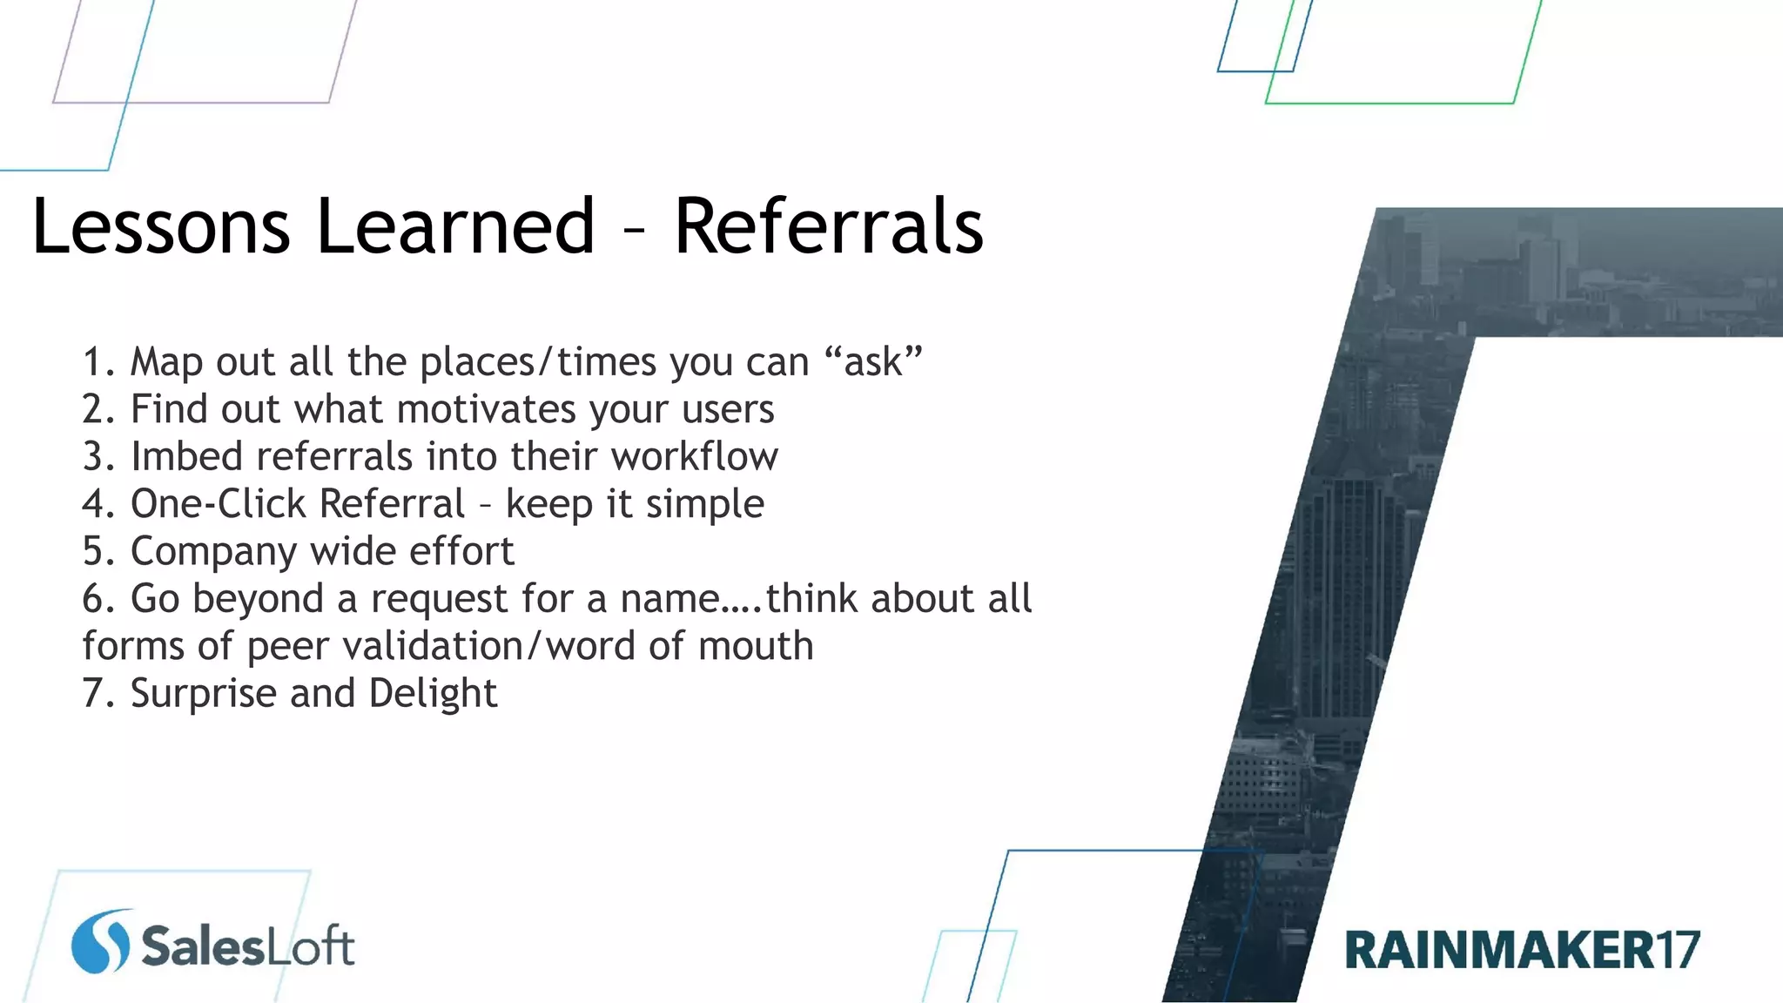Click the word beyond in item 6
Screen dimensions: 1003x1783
(258, 599)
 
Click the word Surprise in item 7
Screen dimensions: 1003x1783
(203, 694)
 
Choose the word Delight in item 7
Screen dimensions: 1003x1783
(432, 694)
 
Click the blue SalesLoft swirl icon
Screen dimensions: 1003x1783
(100, 941)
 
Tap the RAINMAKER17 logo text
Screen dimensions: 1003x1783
(1522, 950)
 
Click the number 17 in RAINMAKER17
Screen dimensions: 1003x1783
(1677, 950)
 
